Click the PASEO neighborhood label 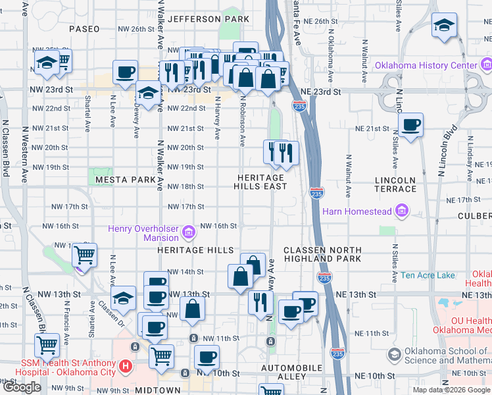tap(84, 29)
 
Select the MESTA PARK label tap(125, 179)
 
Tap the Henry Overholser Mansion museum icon tap(189, 232)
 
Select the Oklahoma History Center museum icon tap(486, 66)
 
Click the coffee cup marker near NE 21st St tap(411, 124)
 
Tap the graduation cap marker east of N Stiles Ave tap(444, 26)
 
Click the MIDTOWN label tap(158, 390)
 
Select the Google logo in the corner tap(22, 387)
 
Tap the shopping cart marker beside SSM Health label tap(47, 344)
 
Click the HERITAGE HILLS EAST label tap(261, 182)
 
